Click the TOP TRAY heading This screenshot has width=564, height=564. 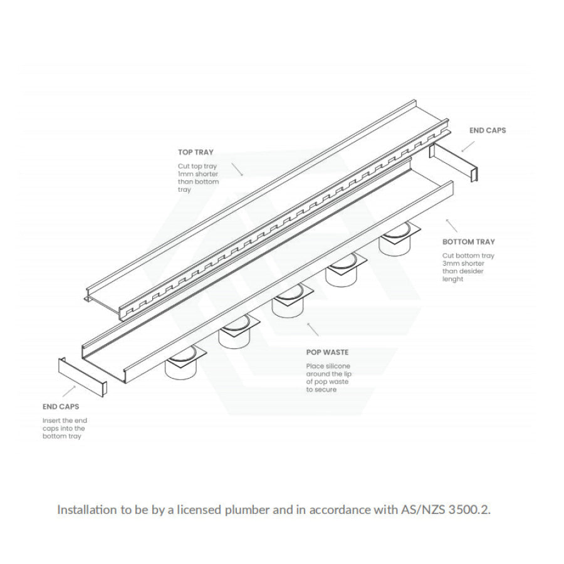point(196,152)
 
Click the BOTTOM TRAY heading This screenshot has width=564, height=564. point(469,242)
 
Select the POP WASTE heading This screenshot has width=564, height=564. point(327,353)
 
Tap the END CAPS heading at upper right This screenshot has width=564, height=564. point(488,131)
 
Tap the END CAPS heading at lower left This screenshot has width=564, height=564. point(61,407)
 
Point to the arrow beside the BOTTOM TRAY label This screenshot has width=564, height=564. point(452,226)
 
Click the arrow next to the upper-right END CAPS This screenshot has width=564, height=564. point(467,145)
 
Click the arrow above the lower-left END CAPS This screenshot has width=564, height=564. point(74,392)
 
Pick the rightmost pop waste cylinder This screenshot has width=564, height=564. point(396,241)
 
